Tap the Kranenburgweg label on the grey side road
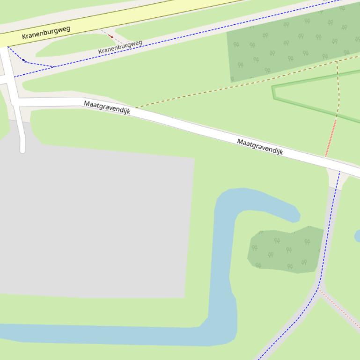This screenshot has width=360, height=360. click(120, 46)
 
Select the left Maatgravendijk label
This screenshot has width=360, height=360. click(107, 107)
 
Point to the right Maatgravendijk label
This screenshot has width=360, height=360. click(260, 146)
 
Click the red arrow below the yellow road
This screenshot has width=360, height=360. click(110, 36)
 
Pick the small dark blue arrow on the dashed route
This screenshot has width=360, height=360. click(23, 60)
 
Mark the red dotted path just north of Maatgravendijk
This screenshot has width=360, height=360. click(331, 138)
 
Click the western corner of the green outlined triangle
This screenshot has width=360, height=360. click(273, 88)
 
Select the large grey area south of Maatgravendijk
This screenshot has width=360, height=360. click(94, 220)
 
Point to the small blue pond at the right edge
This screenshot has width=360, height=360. click(358, 236)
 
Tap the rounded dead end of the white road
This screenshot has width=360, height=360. click(22, 150)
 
